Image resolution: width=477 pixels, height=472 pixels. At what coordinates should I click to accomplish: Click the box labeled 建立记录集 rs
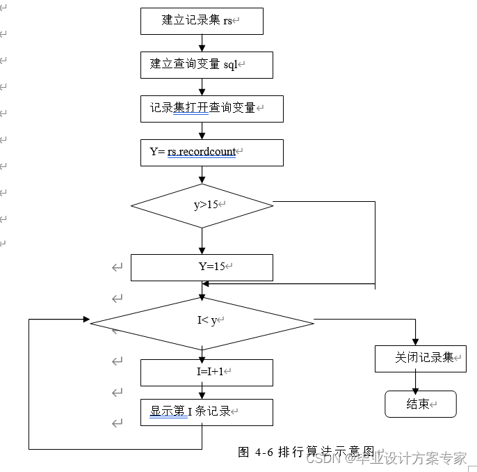click(x=202, y=21)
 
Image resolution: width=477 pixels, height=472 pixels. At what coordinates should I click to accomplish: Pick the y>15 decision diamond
click(x=202, y=205)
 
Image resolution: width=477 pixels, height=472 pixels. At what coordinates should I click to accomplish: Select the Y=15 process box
click(x=202, y=267)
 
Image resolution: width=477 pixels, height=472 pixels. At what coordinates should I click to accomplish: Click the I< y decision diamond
click(x=202, y=322)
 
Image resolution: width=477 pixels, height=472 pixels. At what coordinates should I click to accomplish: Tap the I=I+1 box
click(x=207, y=372)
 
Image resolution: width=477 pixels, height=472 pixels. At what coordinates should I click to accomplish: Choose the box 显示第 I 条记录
click(x=207, y=412)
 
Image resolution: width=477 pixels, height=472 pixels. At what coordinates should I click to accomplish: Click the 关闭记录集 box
click(x=421, y=358)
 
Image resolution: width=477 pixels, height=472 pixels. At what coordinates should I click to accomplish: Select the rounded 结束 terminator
click(x=420, y=404)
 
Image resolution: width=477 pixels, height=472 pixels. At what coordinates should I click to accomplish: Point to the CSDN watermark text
click(x=386, y=459)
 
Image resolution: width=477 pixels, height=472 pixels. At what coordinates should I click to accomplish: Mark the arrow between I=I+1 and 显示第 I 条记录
click(x=202, y=393)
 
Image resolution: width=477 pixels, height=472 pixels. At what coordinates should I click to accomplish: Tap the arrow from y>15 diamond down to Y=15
click(x=202, y=241)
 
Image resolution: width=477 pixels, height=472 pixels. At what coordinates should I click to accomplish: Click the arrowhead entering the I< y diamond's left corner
click(x=86, y=319)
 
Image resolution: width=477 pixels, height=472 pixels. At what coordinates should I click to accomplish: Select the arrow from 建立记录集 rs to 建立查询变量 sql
click(x=202, y=43)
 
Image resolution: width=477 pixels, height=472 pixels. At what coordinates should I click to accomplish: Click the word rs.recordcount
click(x=202, y=152)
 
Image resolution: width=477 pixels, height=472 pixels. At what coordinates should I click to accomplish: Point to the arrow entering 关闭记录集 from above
click(x=416, y=334)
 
